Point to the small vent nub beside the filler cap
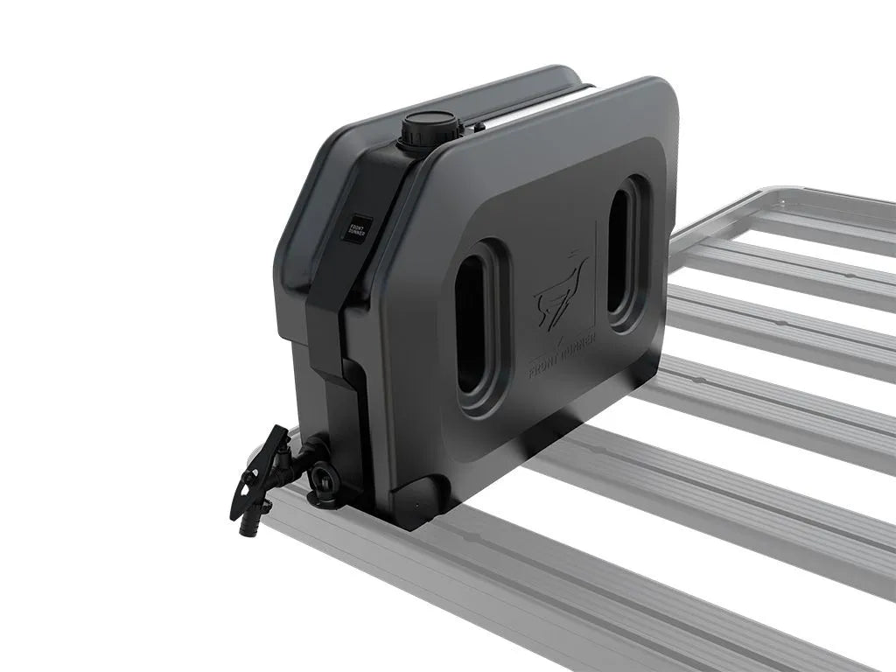(x=479, y=128)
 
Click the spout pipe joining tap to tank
(x=305, y=455)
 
